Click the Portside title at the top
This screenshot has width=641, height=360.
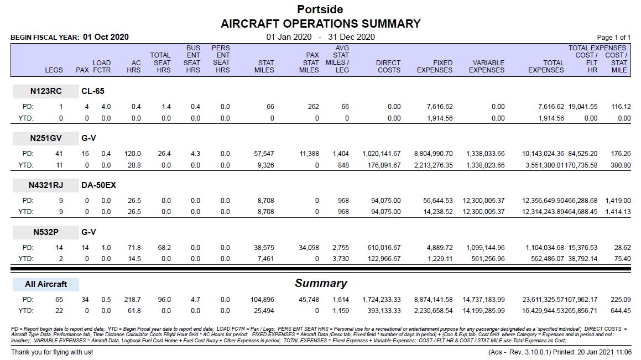(320, 9)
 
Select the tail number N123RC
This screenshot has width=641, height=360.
(46, 91)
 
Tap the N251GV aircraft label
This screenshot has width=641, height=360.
(46, 138)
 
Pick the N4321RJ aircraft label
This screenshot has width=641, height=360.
(46, 185)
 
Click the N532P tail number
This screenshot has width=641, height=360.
(46, 232)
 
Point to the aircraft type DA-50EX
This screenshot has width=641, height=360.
(98, 185)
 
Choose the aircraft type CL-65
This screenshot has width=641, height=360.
(93, 91)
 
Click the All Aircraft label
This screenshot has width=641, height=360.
(46, 284)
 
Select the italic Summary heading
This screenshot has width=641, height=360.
(321, 283)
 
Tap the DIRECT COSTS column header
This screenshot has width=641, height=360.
(388, 66)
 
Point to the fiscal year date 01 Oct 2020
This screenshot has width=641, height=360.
(106, 37)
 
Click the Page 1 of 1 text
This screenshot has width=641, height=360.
(613, 37)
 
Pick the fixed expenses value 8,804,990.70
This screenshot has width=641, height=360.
(434, 154)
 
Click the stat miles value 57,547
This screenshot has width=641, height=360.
(264, 154)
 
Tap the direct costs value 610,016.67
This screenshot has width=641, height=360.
(384, 248)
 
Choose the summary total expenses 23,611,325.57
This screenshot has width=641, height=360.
(543, 300)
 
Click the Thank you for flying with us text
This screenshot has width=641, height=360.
(52, 352)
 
